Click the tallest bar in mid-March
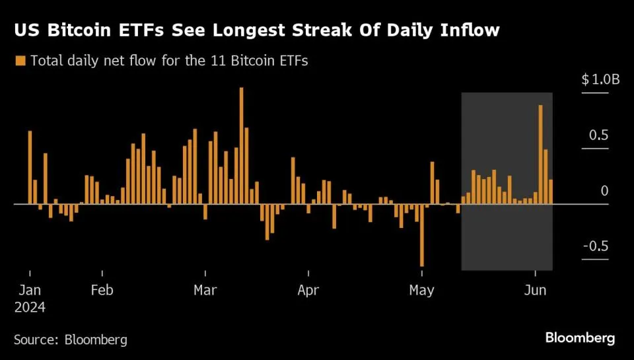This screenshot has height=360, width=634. [x=241, y=145]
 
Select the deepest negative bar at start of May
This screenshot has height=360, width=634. [x=421, y=235]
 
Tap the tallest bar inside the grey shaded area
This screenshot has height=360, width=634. [x=540, y=155]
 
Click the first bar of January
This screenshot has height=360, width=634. [x=30, y=167]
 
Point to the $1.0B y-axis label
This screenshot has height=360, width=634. [x=600, y=80]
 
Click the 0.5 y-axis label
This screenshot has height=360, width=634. [x=598, y=135]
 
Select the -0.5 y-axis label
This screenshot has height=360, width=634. [x=596, y=246]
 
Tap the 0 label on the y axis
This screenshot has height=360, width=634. [x=604, y=191]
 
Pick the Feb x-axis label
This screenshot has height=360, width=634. [x=102, y=290]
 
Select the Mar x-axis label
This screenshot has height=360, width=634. [x=205, y=290]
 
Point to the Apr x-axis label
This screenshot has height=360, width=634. [x=308, y=290]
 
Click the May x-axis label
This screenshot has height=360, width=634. [x=421, y=290]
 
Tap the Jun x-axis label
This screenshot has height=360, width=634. [x=534, y=290]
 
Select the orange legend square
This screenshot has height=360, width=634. [x=19, y=61]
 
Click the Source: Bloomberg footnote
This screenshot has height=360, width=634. [x=71, y=340]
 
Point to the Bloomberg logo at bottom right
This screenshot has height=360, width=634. [x=580, y=338]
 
